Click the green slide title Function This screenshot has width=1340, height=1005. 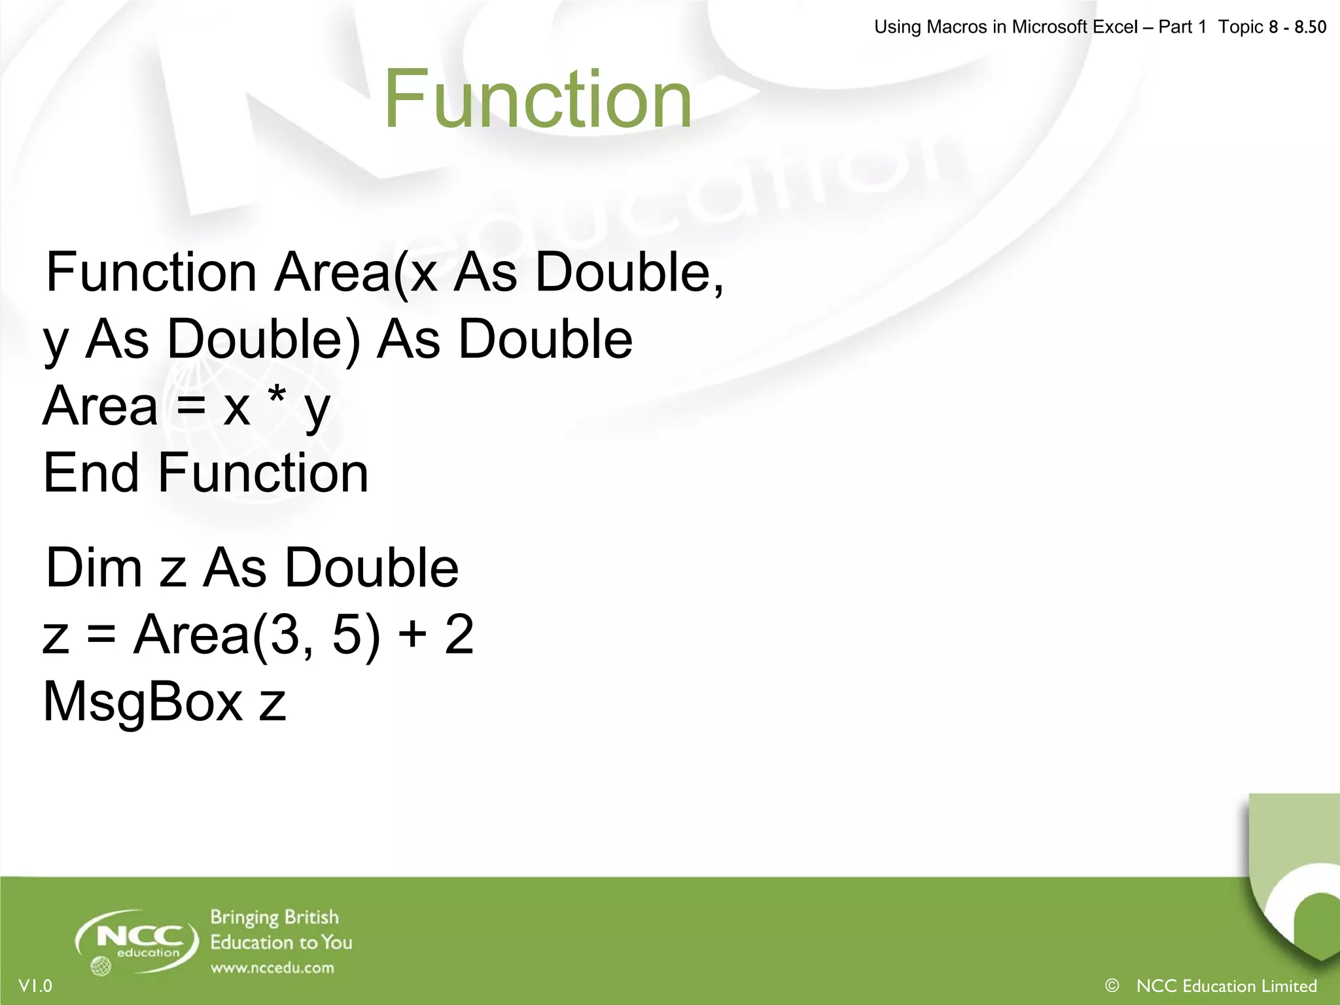click(538, 99)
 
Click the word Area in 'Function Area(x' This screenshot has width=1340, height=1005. click(332, 272)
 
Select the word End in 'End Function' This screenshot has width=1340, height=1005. click(90, 472)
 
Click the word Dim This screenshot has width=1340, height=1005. click(94, 567)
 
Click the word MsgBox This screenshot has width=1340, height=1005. click(143, 702)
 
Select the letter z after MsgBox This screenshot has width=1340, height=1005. click(272, 704)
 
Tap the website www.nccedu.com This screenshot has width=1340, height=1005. click(272, 968)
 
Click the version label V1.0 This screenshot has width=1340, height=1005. click(35, 986)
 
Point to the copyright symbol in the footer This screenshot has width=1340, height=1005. click(1111, 985)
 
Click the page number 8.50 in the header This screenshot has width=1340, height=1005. click(1310, 27)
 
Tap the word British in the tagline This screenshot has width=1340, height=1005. click(311, 917)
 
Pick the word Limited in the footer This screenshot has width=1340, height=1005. click(1288, 986)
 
